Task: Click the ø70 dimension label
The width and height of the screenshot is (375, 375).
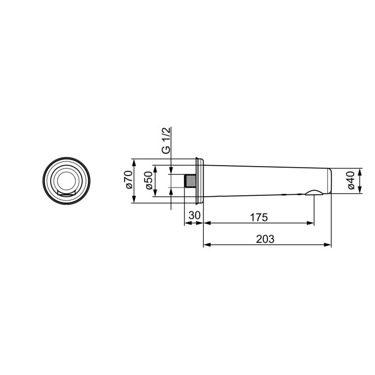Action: coord(129,180)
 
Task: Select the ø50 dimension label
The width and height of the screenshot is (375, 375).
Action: coord(149,180)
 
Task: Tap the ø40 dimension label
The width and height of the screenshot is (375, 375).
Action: coord(351,180)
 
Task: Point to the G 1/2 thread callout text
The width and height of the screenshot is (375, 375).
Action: coord(167,141)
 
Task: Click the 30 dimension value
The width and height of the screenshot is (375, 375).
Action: coord(194,216)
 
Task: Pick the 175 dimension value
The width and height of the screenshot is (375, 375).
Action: coord(259,218)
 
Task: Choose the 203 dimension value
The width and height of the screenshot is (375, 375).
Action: coord(265,239)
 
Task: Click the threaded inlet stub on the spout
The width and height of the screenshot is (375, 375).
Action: coord(191,181)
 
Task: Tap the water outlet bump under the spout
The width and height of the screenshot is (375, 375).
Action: coord(314,193)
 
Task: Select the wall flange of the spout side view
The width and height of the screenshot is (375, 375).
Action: coord(199,181)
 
